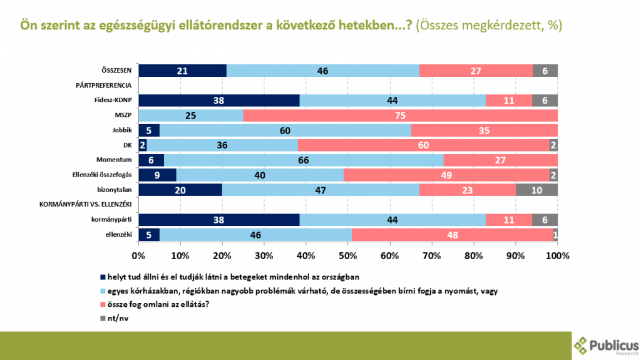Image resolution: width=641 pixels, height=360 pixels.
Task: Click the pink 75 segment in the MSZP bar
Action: click(400, 115)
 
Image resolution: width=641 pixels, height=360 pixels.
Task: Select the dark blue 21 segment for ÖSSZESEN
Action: click(182, 71)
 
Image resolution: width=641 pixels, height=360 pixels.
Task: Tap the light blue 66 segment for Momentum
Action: click(304, 160)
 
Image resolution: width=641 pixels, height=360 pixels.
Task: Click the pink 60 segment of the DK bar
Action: click(423, 145)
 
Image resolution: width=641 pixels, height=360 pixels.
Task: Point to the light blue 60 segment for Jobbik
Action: click(285, 130)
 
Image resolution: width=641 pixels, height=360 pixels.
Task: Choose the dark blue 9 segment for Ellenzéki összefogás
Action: click(157, 175)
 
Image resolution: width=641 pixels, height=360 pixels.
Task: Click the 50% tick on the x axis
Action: click(348, 255)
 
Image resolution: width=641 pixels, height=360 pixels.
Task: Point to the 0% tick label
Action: click(138, 255)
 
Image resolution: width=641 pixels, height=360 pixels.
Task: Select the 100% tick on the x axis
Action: click(557, 255)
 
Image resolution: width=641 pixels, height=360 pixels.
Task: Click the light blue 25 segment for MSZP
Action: click(190, 115)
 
